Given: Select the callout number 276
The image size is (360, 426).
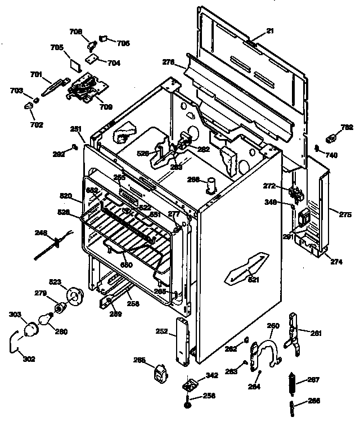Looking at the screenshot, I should click(168, 61).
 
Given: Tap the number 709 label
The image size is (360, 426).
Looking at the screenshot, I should click(105, 106).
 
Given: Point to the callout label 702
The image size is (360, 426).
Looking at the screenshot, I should click(36, 125).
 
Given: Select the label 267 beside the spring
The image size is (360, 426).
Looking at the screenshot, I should click(313, 380).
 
